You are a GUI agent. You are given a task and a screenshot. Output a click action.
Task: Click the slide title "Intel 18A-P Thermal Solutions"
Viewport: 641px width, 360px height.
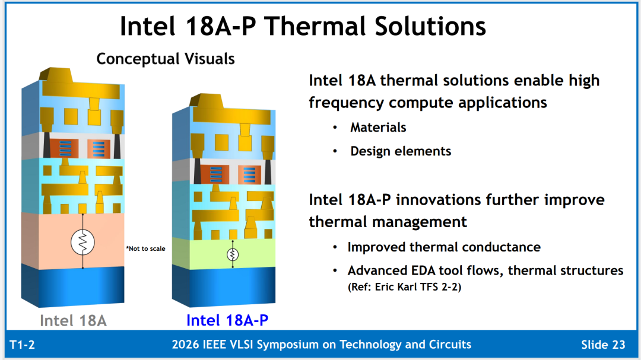coord(303,26)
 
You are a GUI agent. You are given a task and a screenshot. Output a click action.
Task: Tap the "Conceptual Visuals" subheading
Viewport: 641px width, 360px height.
coord(166,59)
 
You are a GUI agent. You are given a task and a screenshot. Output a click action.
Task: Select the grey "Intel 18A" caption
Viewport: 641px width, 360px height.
coord(73,320)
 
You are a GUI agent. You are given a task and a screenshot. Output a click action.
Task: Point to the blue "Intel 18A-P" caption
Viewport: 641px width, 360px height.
coord(227,320)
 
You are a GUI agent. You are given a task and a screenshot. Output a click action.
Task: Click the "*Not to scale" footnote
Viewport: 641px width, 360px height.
coord(145,249)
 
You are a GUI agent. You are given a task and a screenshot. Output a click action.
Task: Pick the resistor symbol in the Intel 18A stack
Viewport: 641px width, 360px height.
coord(82,243)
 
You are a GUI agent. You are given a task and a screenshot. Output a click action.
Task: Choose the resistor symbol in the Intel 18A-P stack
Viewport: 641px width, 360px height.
coord(233,254)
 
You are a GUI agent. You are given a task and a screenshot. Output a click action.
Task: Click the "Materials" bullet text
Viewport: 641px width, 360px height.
coord(378,128)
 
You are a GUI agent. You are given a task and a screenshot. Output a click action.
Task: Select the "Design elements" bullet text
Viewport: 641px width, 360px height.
coord(401,151)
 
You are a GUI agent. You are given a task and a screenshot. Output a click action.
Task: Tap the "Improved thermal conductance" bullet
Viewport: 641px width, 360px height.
coord(444,247)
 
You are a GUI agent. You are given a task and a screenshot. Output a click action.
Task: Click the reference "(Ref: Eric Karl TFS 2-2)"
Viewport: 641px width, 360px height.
coord(404,287)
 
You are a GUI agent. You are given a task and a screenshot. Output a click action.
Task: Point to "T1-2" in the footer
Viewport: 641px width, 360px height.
coord(22,345)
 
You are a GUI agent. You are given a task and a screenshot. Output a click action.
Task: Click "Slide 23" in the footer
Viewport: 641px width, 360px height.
coord(604,345)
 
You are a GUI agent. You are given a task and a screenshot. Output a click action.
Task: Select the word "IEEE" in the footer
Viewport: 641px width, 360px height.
coord(214,345)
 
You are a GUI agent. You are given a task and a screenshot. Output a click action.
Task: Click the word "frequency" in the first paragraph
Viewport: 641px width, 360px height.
coord(346,103)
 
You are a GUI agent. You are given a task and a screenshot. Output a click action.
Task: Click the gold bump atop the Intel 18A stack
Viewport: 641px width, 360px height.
coord(56,75)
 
